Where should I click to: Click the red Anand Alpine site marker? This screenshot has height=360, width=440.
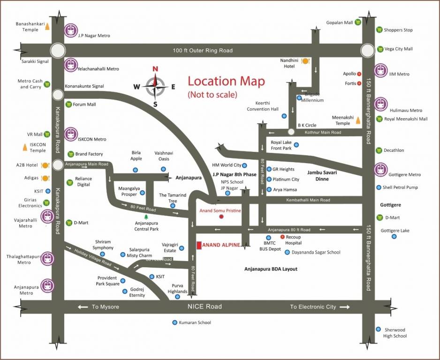pyautogui.click(x=199, y=245)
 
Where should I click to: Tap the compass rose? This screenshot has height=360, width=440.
pyautogui.click(x=155, y=85)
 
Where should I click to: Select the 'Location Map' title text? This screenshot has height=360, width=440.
pyautogui.click(x=226, y=81)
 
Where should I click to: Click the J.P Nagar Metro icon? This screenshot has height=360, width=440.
pyautogui.click(x=71, y=30)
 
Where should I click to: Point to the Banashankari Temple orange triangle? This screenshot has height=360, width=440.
pyautogui.click(x=47, y=26)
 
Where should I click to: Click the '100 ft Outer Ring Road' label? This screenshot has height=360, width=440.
pyautogui.click(x=203, y=51)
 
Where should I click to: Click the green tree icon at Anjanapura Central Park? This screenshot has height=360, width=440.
pyautogui.click(x=146, y=217)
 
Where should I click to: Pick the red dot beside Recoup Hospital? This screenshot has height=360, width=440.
pyautogui.click(x=282, y=237)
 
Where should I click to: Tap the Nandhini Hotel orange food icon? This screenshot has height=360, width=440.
pyautogui.click(x=305, y=61)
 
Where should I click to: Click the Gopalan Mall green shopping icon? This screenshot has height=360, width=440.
pyautogui.click(x=358, y=22)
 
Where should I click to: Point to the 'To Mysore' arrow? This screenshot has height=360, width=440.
pyautogui.click(x=83, y=307)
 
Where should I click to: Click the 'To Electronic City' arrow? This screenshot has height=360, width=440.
pyautogui.click(x=345, y=307)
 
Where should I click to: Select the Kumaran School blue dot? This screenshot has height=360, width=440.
pyautogui.click(x=174, y=322)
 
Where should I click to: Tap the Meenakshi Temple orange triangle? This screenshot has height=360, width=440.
pyautogui.click(x=358, y=120)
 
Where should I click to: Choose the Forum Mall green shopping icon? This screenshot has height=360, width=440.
pyautogui.click(x=69, y=104)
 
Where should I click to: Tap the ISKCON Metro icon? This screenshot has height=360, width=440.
pyautogui.click(x=71, y=134)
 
